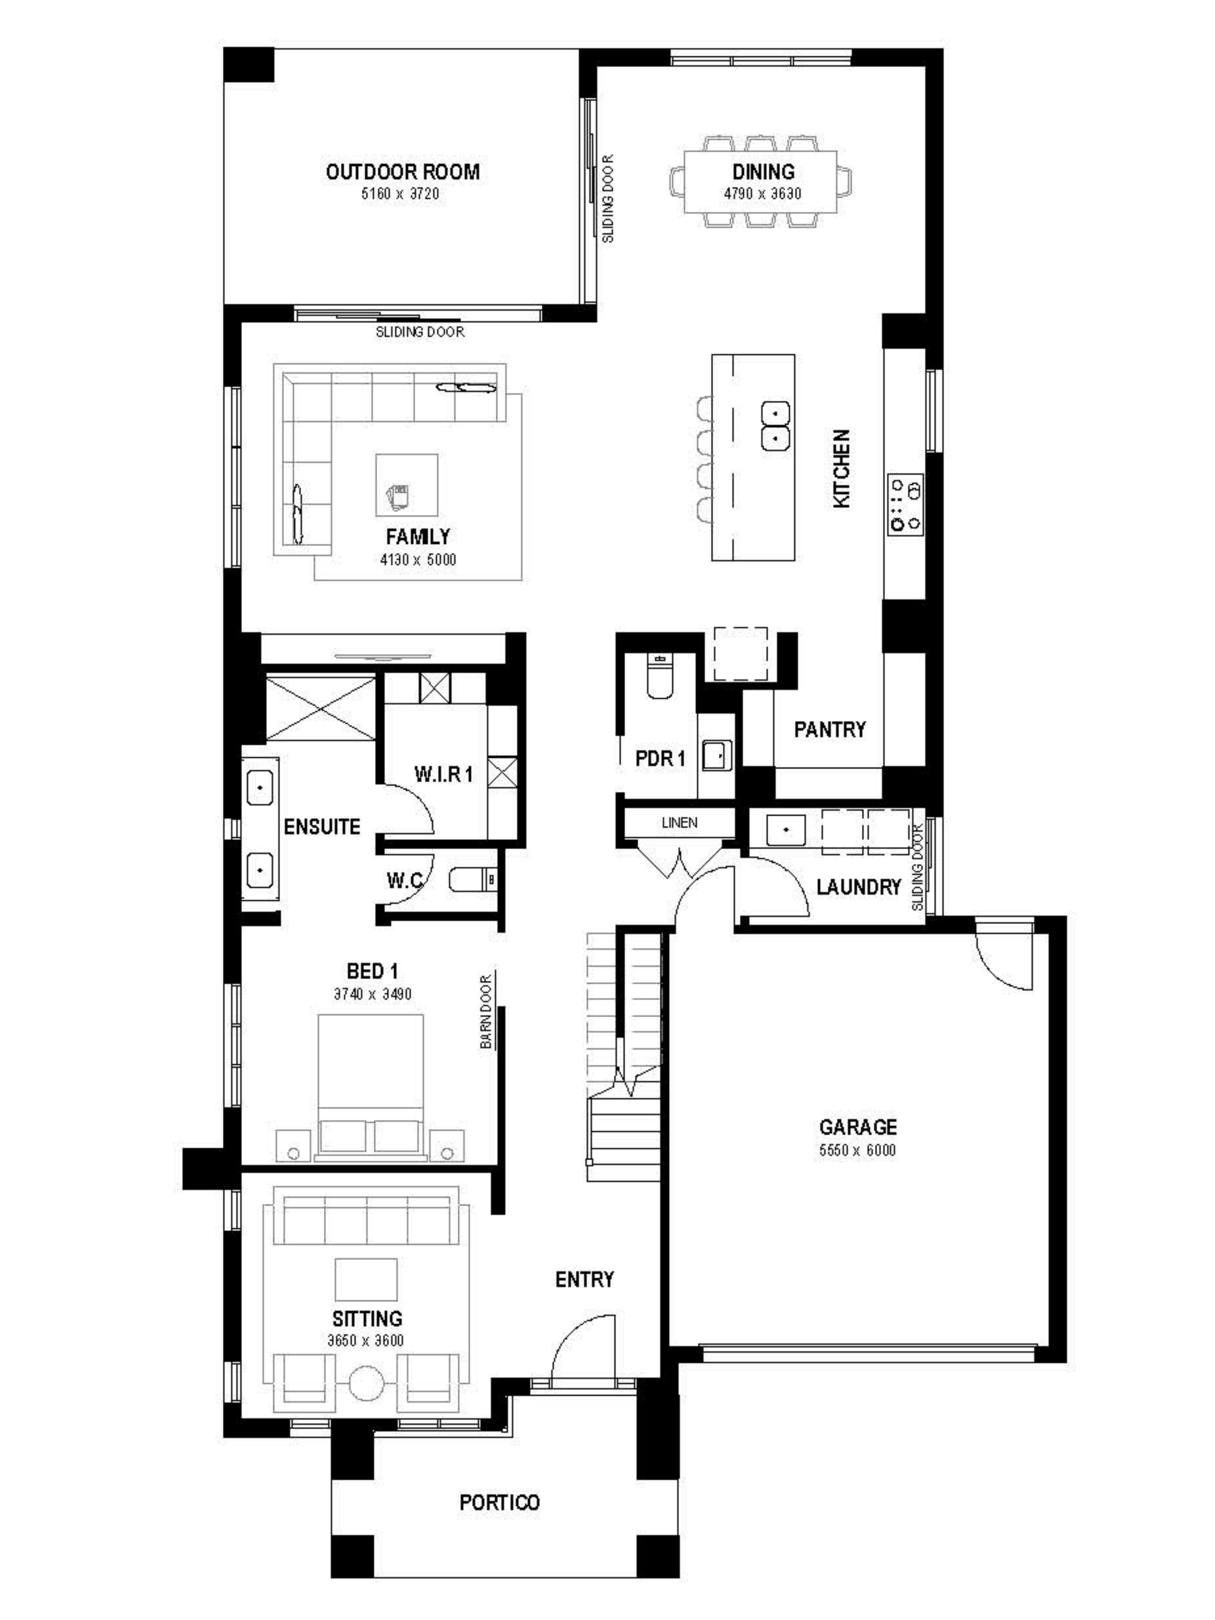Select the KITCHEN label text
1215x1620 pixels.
pos(842,469)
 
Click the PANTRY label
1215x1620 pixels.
pos(830,729)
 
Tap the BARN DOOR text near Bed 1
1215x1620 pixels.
pos(486,1011)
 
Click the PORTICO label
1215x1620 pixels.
pos(499,1503)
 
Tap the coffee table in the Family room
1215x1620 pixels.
pos(407,485)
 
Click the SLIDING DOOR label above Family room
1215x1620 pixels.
pos(420,332)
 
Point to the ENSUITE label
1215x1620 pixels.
pos(322,827)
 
